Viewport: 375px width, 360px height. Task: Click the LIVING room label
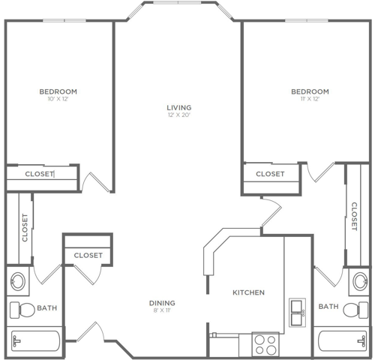[178, 107]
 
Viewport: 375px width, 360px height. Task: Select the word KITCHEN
[247, 292]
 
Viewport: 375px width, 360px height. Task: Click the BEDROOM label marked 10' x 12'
[58, 91]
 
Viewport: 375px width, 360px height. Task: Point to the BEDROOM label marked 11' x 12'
[310, 91]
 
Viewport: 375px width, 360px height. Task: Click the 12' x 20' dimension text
[178, 115]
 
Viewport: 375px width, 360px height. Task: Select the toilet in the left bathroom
[20, 309]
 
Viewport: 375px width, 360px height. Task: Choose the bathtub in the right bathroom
[343, 341]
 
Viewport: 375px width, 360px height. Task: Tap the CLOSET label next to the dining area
[88, 256]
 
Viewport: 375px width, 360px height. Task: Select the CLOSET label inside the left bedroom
[39, 174]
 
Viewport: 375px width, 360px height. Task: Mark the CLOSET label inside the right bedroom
[270, 174]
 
